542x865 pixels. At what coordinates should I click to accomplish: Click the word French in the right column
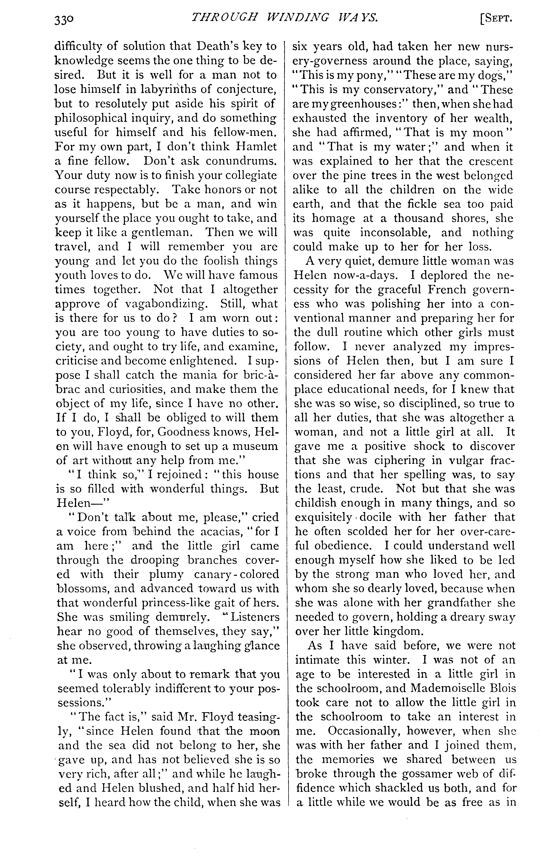tap(402, 290)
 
